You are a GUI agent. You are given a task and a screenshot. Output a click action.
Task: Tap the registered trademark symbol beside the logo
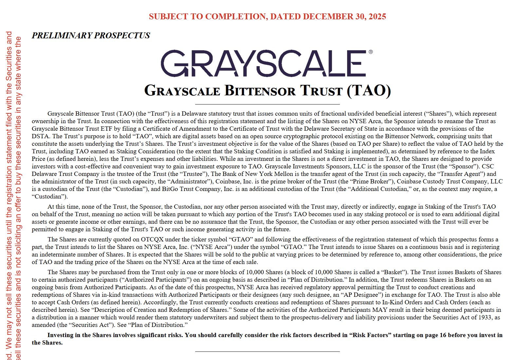click(x=370, y=52)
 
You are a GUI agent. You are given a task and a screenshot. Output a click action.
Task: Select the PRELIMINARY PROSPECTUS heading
click(x=91, y=35)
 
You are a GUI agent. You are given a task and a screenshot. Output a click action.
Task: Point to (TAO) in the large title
click(x=369, y=91)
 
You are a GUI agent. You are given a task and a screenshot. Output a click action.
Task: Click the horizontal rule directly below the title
click(x=267, y=104)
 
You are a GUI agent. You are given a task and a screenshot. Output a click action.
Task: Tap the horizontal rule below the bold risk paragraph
click(x=267, y=351)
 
